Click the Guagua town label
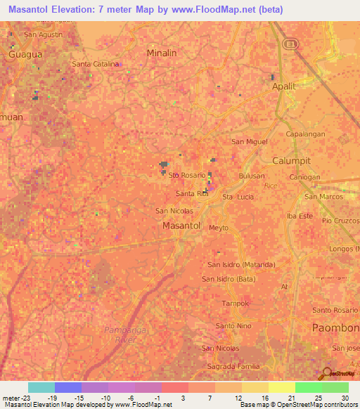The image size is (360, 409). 26,53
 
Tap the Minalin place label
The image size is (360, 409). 161,53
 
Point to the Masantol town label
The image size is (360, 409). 181,226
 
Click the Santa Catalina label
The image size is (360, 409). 95,64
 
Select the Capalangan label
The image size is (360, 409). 304,134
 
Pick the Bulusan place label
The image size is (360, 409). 252,176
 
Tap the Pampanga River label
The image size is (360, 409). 113,332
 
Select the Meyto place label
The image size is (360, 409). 219,228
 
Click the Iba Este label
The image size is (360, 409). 299,216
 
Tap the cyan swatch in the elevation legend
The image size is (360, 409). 41,387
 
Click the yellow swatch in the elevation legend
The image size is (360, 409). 282,387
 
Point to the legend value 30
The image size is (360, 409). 344,397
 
